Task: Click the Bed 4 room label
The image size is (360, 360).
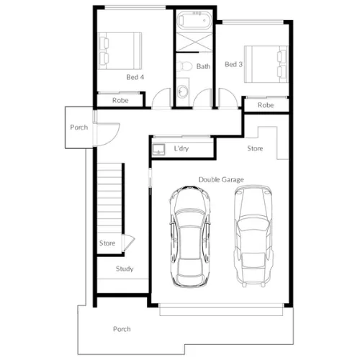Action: click(x=135, y=77)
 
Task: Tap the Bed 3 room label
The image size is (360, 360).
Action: click(x=233, y=64)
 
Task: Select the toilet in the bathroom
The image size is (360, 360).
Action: click(x=185, y=66)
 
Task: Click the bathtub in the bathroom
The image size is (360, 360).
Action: click(x=194, y=20)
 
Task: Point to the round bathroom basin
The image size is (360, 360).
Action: click(x=183, y=91)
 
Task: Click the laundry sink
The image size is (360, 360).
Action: click(x=158, y=149)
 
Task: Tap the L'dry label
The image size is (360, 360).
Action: click(x=181, y=148)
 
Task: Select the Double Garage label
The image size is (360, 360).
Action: click(x=221, y=179)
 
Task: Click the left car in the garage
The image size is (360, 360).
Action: click(x=190, y=236)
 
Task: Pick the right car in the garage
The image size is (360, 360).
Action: click(x=253, y=236)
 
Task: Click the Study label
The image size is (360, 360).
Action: click(x=125, y=269)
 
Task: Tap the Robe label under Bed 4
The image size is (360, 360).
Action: click(x=120, y=100)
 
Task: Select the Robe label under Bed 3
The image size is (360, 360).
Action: click(x=266, y=105)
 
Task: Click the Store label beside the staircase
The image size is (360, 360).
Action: click(x=107, y=243)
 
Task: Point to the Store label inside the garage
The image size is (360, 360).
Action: click(x=255, y=148)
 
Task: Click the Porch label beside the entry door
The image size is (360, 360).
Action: click(x=79, y=127)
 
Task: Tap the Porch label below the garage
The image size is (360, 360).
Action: click(x=122, y=329)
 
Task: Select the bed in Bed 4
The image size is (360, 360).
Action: click(x=120, y=51)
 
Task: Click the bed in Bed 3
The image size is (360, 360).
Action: click(x=266, y=64)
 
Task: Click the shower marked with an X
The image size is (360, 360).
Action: click(x=194, y=42)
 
